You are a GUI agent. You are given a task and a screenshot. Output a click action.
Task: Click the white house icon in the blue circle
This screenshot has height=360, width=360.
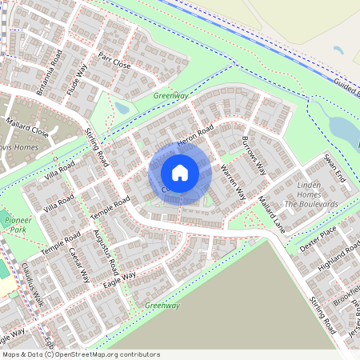click(180, 172)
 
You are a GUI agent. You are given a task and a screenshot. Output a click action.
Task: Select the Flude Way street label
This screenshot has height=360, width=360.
click(80, 80)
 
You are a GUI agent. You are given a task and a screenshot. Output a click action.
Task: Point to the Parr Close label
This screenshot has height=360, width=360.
click(114, 61)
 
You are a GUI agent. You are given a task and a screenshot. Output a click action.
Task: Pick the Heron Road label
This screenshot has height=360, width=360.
click(196, 137)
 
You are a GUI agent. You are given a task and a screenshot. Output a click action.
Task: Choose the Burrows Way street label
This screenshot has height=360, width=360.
click(254, 155)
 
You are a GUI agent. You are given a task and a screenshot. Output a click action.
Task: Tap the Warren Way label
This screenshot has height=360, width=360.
click(232, 182)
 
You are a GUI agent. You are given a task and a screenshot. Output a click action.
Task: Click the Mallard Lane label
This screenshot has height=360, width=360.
click(272, 214)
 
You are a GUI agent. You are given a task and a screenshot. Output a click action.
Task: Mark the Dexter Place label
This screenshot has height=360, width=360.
click(318, 238)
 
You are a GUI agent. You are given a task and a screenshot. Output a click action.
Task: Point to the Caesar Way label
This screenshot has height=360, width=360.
click(78, 265)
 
